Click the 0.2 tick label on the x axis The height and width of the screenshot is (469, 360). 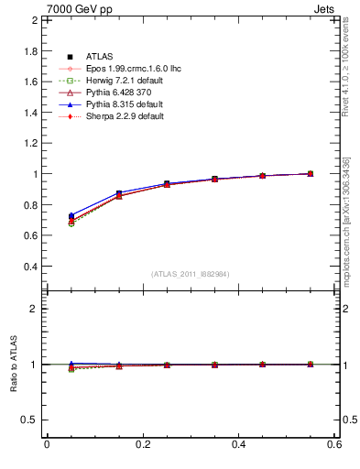(x=142, y=444)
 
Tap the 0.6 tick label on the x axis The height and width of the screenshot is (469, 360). (x=334, y=444)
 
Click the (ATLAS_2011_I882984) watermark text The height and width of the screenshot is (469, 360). (x=190, y=274)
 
